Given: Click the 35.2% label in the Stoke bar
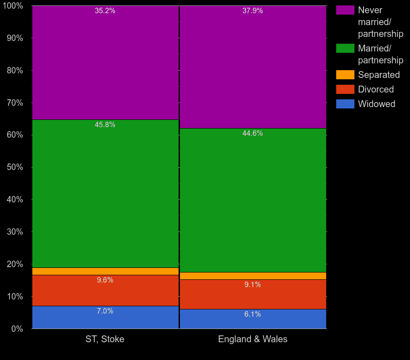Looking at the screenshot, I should (105, 11).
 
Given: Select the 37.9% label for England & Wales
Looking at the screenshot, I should (252, 11).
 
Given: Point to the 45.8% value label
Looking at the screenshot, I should (105, 125).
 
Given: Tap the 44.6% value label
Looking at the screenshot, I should (252, 134).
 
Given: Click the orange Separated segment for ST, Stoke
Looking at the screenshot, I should (105, 271).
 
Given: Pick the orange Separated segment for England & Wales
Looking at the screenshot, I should (253, 276).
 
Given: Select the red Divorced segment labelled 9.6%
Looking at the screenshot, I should (105, 290).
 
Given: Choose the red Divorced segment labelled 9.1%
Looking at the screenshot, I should (253, 294).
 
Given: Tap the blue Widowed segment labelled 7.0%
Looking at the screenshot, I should (105, 317).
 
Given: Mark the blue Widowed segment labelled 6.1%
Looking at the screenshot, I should (253, 319).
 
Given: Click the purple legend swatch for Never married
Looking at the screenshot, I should (345, 10).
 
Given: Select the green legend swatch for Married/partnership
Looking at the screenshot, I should (345, 48).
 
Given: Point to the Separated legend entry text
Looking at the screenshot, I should (379, 75).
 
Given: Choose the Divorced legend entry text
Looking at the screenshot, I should (376, 89).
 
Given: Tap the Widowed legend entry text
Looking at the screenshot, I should (376, 104).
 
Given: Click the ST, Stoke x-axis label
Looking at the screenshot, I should (105, 339).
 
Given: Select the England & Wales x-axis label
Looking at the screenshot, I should (253, 339).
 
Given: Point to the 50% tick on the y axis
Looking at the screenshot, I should (15, 167).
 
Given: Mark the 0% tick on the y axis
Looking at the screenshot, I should (16, 329).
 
